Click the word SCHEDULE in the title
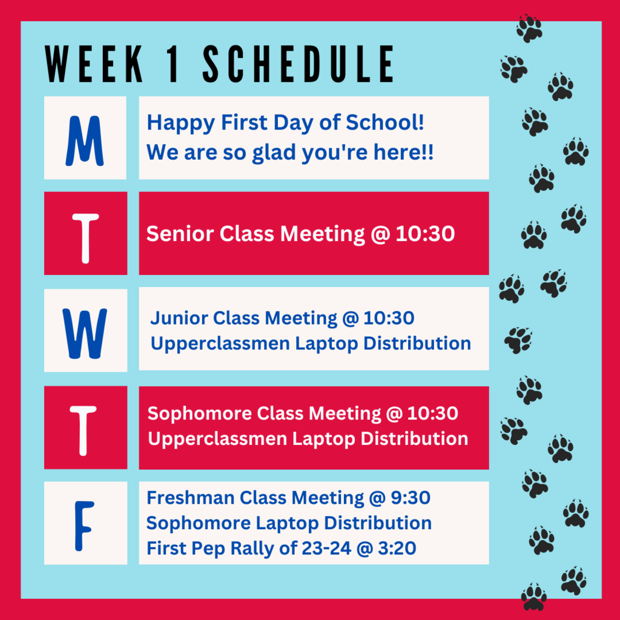click(298, 64)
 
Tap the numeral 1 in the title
click(173, 64)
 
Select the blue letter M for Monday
click(85, 140)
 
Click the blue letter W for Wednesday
click(85, 334)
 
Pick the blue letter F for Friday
click(84, 526)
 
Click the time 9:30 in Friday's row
click(411, 498)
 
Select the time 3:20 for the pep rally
click(397, 548)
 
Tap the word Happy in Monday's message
click(180, 123)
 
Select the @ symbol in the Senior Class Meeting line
click(380, 234)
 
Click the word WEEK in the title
click(94, 64)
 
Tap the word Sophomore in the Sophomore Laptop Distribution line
click(199, 524)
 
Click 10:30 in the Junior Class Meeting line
click(389, 318)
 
